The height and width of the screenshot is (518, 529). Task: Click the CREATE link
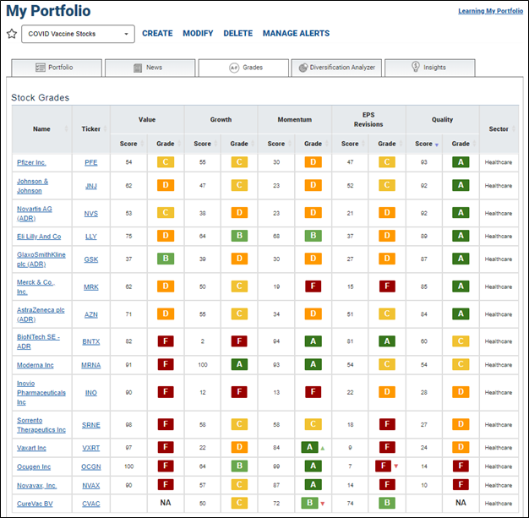157,34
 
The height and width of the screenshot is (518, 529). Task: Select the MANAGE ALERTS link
296,34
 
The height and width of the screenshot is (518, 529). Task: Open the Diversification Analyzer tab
336,68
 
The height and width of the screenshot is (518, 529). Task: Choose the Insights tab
430,68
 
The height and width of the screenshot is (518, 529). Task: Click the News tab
150,68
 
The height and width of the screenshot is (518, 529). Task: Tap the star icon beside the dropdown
12,34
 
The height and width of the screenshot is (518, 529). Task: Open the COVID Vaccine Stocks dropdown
78,34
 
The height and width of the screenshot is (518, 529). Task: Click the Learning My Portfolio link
490,11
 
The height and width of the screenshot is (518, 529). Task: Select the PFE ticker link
90,162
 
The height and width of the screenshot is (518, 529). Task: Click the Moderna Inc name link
35,365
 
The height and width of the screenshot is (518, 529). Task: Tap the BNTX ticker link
91,341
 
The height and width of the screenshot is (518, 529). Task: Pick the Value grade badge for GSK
166,259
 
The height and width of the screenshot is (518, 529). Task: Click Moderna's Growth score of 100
203,365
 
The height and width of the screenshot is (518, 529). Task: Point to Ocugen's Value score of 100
129,466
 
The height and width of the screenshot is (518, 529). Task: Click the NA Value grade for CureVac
166,503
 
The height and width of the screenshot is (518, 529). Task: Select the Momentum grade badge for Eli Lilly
313,236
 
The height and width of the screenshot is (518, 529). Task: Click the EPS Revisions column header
368,119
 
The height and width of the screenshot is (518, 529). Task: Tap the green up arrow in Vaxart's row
323,449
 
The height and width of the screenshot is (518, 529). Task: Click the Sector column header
499,129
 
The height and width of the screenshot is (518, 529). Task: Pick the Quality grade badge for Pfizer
461,162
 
